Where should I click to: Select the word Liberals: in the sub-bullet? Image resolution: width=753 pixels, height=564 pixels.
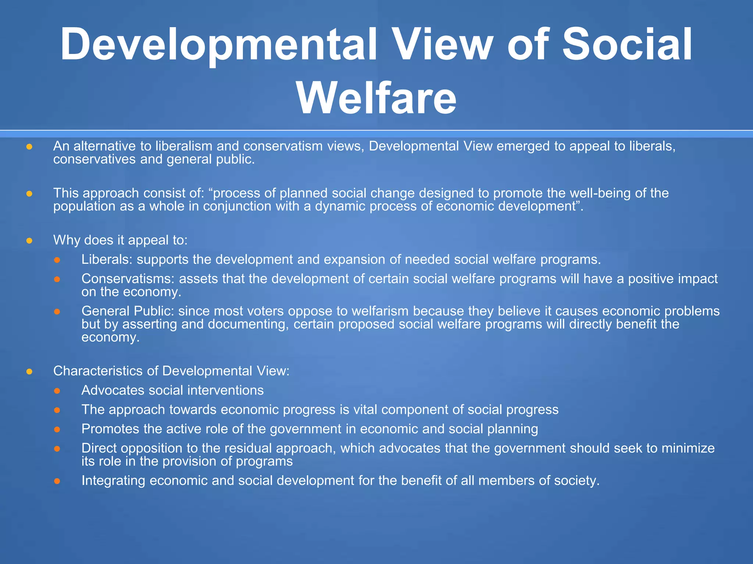click(107, 260)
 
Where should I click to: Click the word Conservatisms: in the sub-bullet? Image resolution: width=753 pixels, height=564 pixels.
click(128, 279)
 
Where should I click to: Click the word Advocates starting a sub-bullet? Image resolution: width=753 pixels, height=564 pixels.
click(113, 390)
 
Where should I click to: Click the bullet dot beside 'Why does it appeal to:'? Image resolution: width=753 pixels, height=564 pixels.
click(29, 241)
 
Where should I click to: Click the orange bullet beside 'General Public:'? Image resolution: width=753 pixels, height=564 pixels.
click(57, 312)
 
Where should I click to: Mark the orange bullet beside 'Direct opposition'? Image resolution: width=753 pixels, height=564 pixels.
click(57, 449)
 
